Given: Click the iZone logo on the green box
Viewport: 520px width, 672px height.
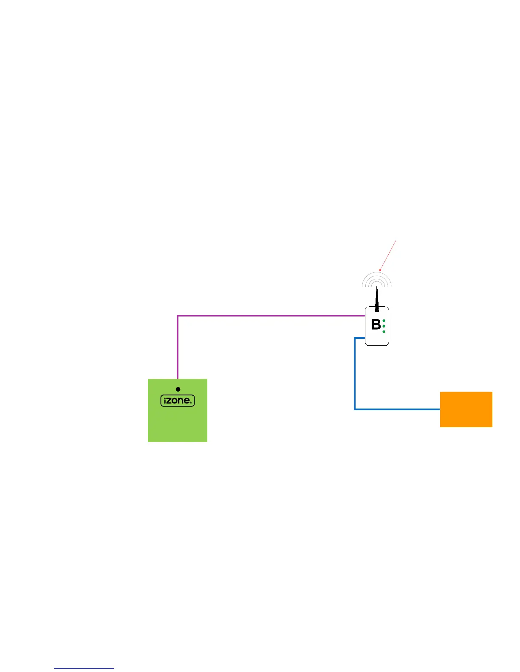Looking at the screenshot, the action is coord(178,400).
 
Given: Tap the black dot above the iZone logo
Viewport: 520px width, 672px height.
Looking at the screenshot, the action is coord(178,389).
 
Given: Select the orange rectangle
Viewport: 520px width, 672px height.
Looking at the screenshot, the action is coord(466,409).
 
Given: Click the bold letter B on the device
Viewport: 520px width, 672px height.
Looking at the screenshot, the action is coord(376,325).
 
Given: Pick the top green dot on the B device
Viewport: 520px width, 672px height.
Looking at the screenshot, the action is coord(384,321).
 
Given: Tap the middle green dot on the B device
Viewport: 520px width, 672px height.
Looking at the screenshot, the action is coord(384,326).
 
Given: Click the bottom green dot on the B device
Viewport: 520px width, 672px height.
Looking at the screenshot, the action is coord(384,331).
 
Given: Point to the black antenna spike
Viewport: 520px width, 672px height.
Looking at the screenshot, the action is coord(377,300).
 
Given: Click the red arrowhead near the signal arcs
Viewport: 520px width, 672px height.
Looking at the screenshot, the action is coord(380,270).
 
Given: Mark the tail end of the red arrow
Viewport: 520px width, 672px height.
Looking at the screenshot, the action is coord(396,241).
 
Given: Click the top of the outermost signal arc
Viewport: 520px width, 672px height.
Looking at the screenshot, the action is coord(377,272).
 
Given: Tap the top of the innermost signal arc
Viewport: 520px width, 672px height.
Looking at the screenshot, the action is coord(377,282).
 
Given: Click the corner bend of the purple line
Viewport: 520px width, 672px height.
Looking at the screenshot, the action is coord(178,316).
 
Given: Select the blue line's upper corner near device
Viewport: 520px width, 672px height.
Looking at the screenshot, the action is coord(355,338).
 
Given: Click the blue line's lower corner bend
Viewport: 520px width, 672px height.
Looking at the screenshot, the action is coord(355,409).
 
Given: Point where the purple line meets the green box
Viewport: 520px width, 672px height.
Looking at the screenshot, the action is coord(178,378).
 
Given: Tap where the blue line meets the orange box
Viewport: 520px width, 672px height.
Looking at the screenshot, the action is coord(440,409).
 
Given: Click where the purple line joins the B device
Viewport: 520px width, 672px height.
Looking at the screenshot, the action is coord(365,316).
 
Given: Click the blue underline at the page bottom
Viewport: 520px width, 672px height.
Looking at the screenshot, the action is coord(84,669).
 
